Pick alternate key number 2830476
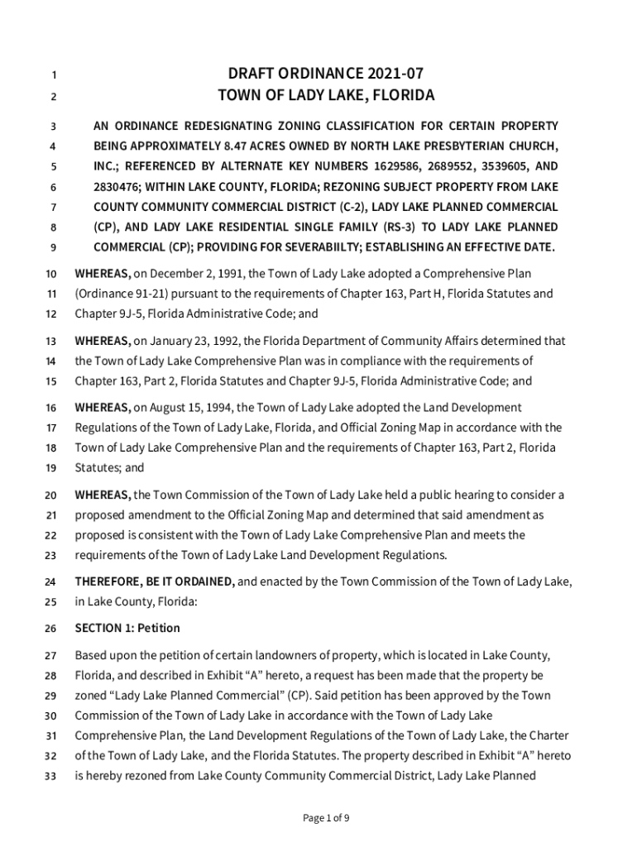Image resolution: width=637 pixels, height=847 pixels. coord(118,187)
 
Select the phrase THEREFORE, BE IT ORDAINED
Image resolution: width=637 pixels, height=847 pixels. coord(155,581)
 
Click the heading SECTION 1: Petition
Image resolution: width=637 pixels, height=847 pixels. coord(127,628)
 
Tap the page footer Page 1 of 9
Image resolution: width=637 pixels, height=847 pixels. coord(326,819)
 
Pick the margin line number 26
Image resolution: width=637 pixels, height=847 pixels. coord(51,629)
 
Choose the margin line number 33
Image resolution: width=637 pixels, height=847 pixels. coord(51,776)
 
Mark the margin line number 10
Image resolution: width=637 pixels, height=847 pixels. coord(51,274)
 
